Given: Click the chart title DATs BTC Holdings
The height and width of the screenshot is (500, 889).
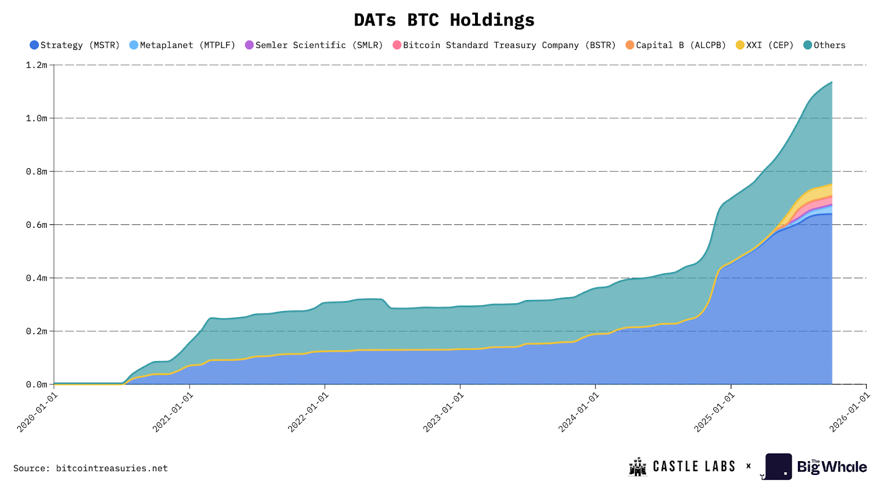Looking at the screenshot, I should pyautogui.click(x=444, y=20).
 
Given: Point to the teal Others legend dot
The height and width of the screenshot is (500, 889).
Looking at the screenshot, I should pyautogui.click(x=808, y=45).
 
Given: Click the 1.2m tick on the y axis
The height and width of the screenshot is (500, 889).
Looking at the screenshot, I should pyautogui.click(x=37, y=65).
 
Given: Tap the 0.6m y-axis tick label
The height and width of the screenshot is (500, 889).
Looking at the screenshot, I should pyautogui.click(x=37, y=225).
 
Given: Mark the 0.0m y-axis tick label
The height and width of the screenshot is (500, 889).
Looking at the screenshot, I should pyautogui.click(x=37, y=384).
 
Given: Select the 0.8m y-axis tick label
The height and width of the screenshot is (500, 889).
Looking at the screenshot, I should pyautogui.click(x=37, y=172).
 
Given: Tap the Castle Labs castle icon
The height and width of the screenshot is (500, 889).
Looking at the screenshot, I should pyautogui.click(x=638, y=467).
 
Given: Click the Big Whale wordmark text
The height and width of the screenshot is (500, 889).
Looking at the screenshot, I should pyautogui.click(x=832, y=467).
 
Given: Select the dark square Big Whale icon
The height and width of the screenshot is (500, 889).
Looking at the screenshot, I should pyautogui.click(x=778, y=467).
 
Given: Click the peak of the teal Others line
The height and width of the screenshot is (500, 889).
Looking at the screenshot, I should pyautogui.click(x=831, y=83).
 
